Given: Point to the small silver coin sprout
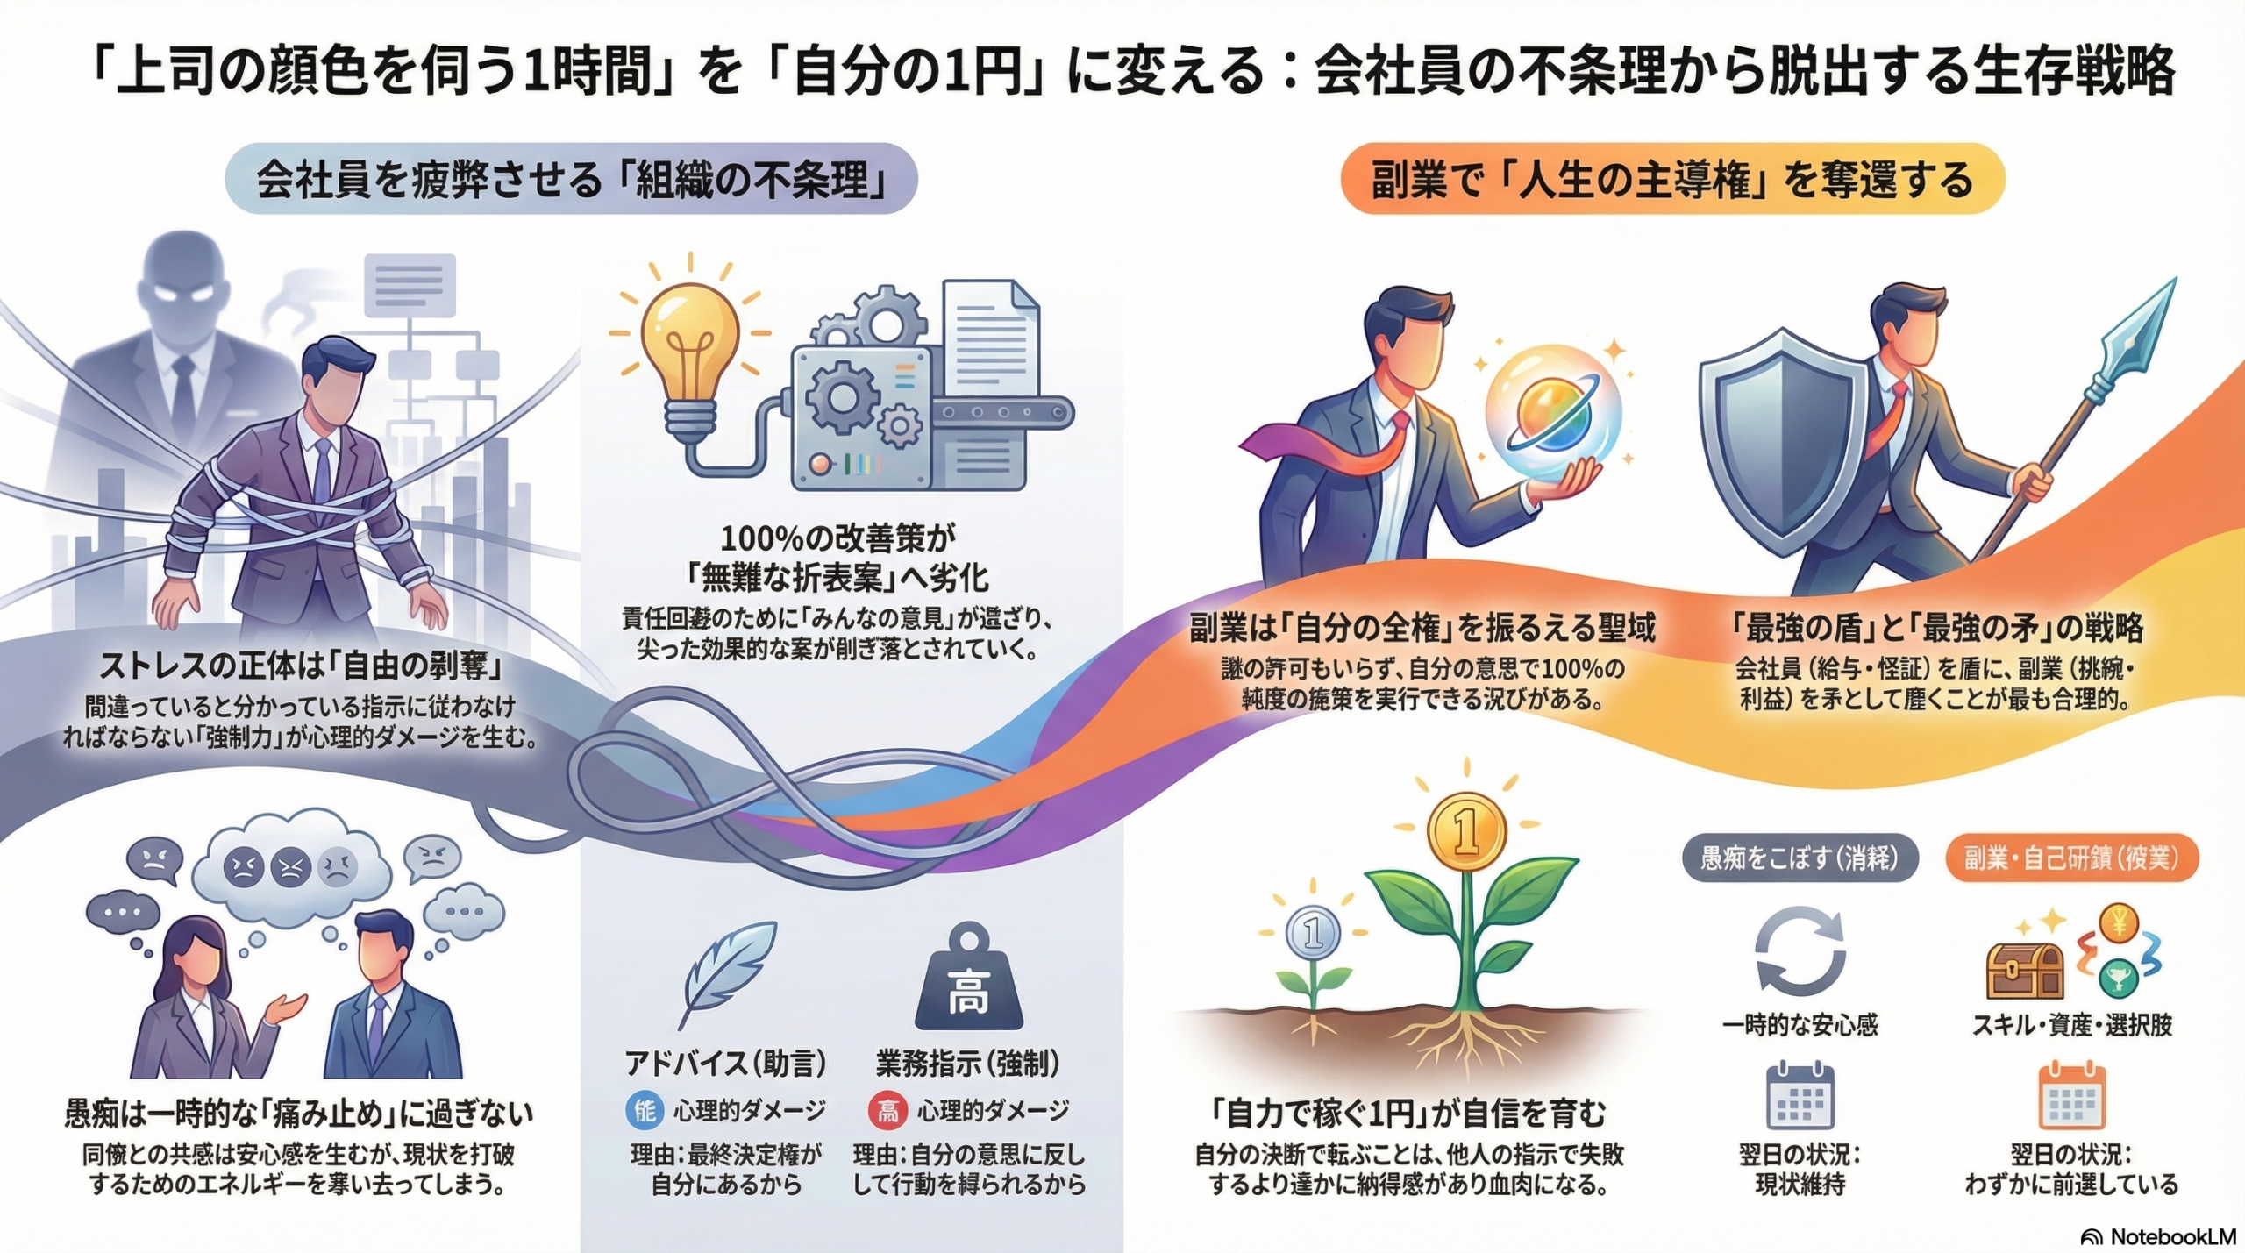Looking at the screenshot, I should tap(1312, 932).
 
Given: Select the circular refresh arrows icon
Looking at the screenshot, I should tap(1800, 952).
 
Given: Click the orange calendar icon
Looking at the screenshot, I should tap(2071, 1096).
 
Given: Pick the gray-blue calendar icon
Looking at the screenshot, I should tap(1800, 1096).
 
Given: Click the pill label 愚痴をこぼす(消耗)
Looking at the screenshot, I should tap(1800, 858).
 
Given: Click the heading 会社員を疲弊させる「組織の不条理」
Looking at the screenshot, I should tap(571, 180).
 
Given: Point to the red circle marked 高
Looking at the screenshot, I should tap(887, 1112).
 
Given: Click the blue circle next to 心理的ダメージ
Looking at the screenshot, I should tap(645, 1112).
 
